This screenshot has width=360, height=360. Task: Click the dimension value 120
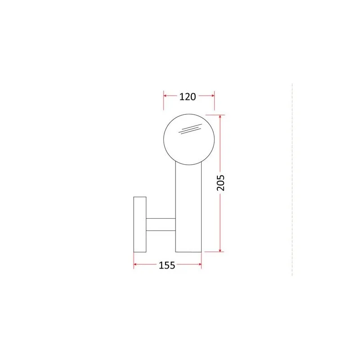pos(187,97)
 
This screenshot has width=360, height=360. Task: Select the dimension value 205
pos(220,183)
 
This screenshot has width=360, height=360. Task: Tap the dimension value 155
pos(167,265)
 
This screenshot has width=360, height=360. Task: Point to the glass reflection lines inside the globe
pos(190,129)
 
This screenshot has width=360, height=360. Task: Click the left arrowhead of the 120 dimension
pos(165,95)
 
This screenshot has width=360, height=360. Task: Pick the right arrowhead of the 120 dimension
pos(212,95)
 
